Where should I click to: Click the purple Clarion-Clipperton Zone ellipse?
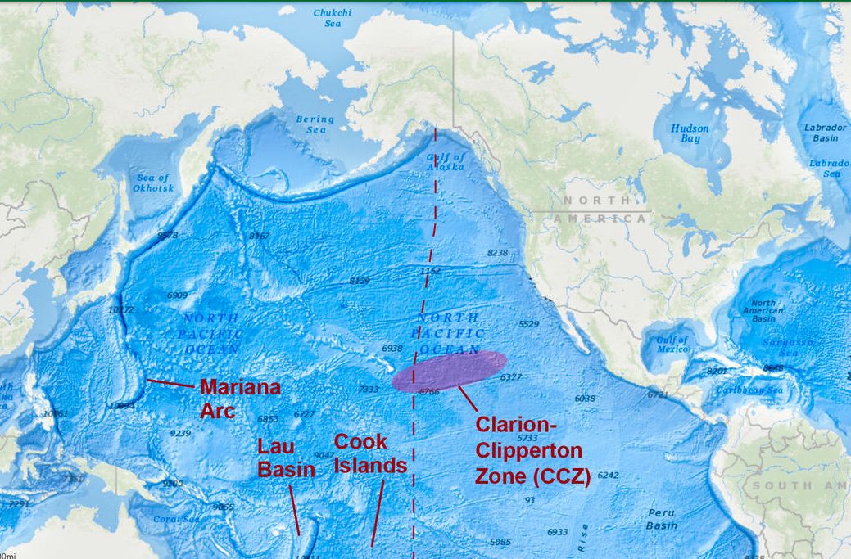[449, 370]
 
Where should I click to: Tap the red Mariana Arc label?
[240, 398]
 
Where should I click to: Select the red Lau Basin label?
[286, 458]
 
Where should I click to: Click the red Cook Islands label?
[370, 453]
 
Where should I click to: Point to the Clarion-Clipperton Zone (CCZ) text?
[532, 450]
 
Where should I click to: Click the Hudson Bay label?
[690, 133]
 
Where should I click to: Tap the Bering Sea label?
[315, 124]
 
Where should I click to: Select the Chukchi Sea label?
[333, 18]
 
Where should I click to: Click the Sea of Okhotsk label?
[153, 183]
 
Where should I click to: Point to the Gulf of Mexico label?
[672, 345]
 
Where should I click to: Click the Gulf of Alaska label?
[446, 161]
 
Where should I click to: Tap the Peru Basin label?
[662, 518]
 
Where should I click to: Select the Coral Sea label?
[176, 519]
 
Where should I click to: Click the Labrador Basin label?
[825, 133]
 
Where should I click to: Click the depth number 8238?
[497, 253]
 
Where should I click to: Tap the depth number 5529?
[529, 324]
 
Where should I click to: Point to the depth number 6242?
[609, 475]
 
